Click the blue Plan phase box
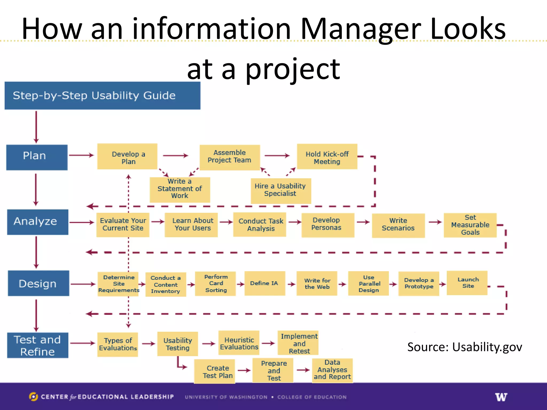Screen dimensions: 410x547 click(37, 157)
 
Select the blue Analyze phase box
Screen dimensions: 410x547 click(38, 222)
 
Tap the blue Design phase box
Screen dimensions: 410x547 click(38, 283)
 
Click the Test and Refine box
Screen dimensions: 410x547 click(38, 345)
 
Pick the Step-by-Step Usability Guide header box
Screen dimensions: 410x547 click(102, 96)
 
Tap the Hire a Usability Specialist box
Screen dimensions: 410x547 click(281, 190)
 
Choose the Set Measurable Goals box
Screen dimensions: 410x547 click(470, 225)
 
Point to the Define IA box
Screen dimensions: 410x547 click(264, 283)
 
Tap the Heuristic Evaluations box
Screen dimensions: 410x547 click(239, 343)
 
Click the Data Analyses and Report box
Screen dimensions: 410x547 click(332, 370)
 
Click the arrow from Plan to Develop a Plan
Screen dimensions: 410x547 click(81, 155)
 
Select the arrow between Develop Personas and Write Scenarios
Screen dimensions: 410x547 click(363, 222)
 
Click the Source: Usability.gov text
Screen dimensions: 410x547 click(464, 347)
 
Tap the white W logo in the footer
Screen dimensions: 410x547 click(501, 397)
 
